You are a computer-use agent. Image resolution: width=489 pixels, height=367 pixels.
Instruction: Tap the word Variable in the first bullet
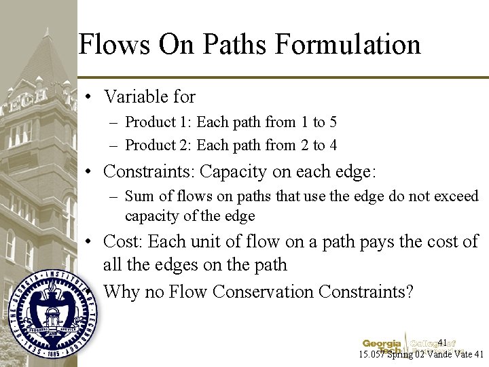click(x=137, y=97)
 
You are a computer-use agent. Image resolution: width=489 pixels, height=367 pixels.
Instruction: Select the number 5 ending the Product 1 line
click(x=333, y=122)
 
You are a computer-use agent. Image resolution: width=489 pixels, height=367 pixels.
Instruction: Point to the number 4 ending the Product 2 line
click(x=333, y=145)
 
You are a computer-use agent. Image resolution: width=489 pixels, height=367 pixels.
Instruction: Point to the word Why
click(x=122, y=292)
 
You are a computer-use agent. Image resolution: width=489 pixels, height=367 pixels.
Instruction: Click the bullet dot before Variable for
click(x=89, y=97)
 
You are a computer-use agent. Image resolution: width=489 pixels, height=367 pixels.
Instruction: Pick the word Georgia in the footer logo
click(x=382, y=343)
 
